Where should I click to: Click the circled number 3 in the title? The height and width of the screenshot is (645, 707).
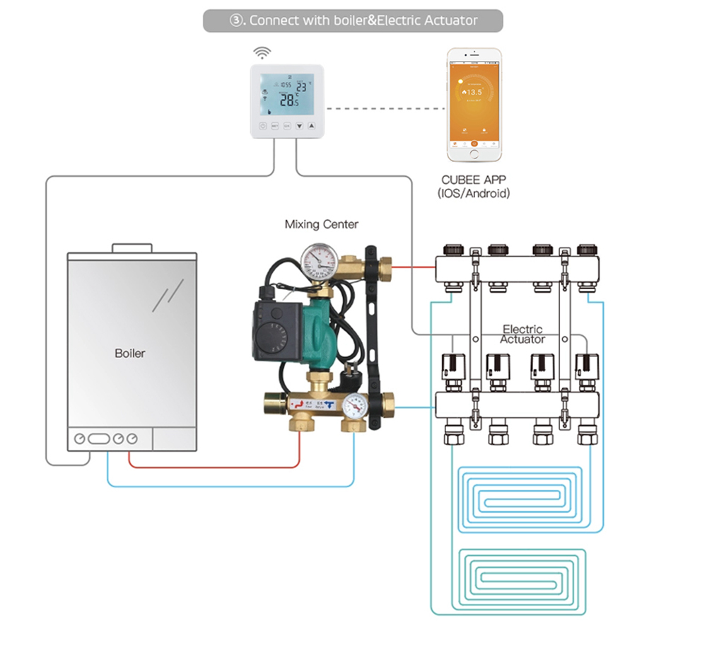pos(237,21)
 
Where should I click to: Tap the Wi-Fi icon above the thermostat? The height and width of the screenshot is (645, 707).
pos(263,53)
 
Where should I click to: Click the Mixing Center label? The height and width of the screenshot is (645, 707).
pos(321,224)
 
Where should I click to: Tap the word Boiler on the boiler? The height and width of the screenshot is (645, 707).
pos(129,353)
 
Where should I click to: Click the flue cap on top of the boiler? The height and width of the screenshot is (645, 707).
pos(133,248)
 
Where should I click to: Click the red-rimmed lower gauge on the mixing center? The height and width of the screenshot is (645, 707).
pos(356,405)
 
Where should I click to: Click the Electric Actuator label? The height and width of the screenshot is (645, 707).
pos(522,335)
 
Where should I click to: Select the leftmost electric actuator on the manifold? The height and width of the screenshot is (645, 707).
pos(452,368)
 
